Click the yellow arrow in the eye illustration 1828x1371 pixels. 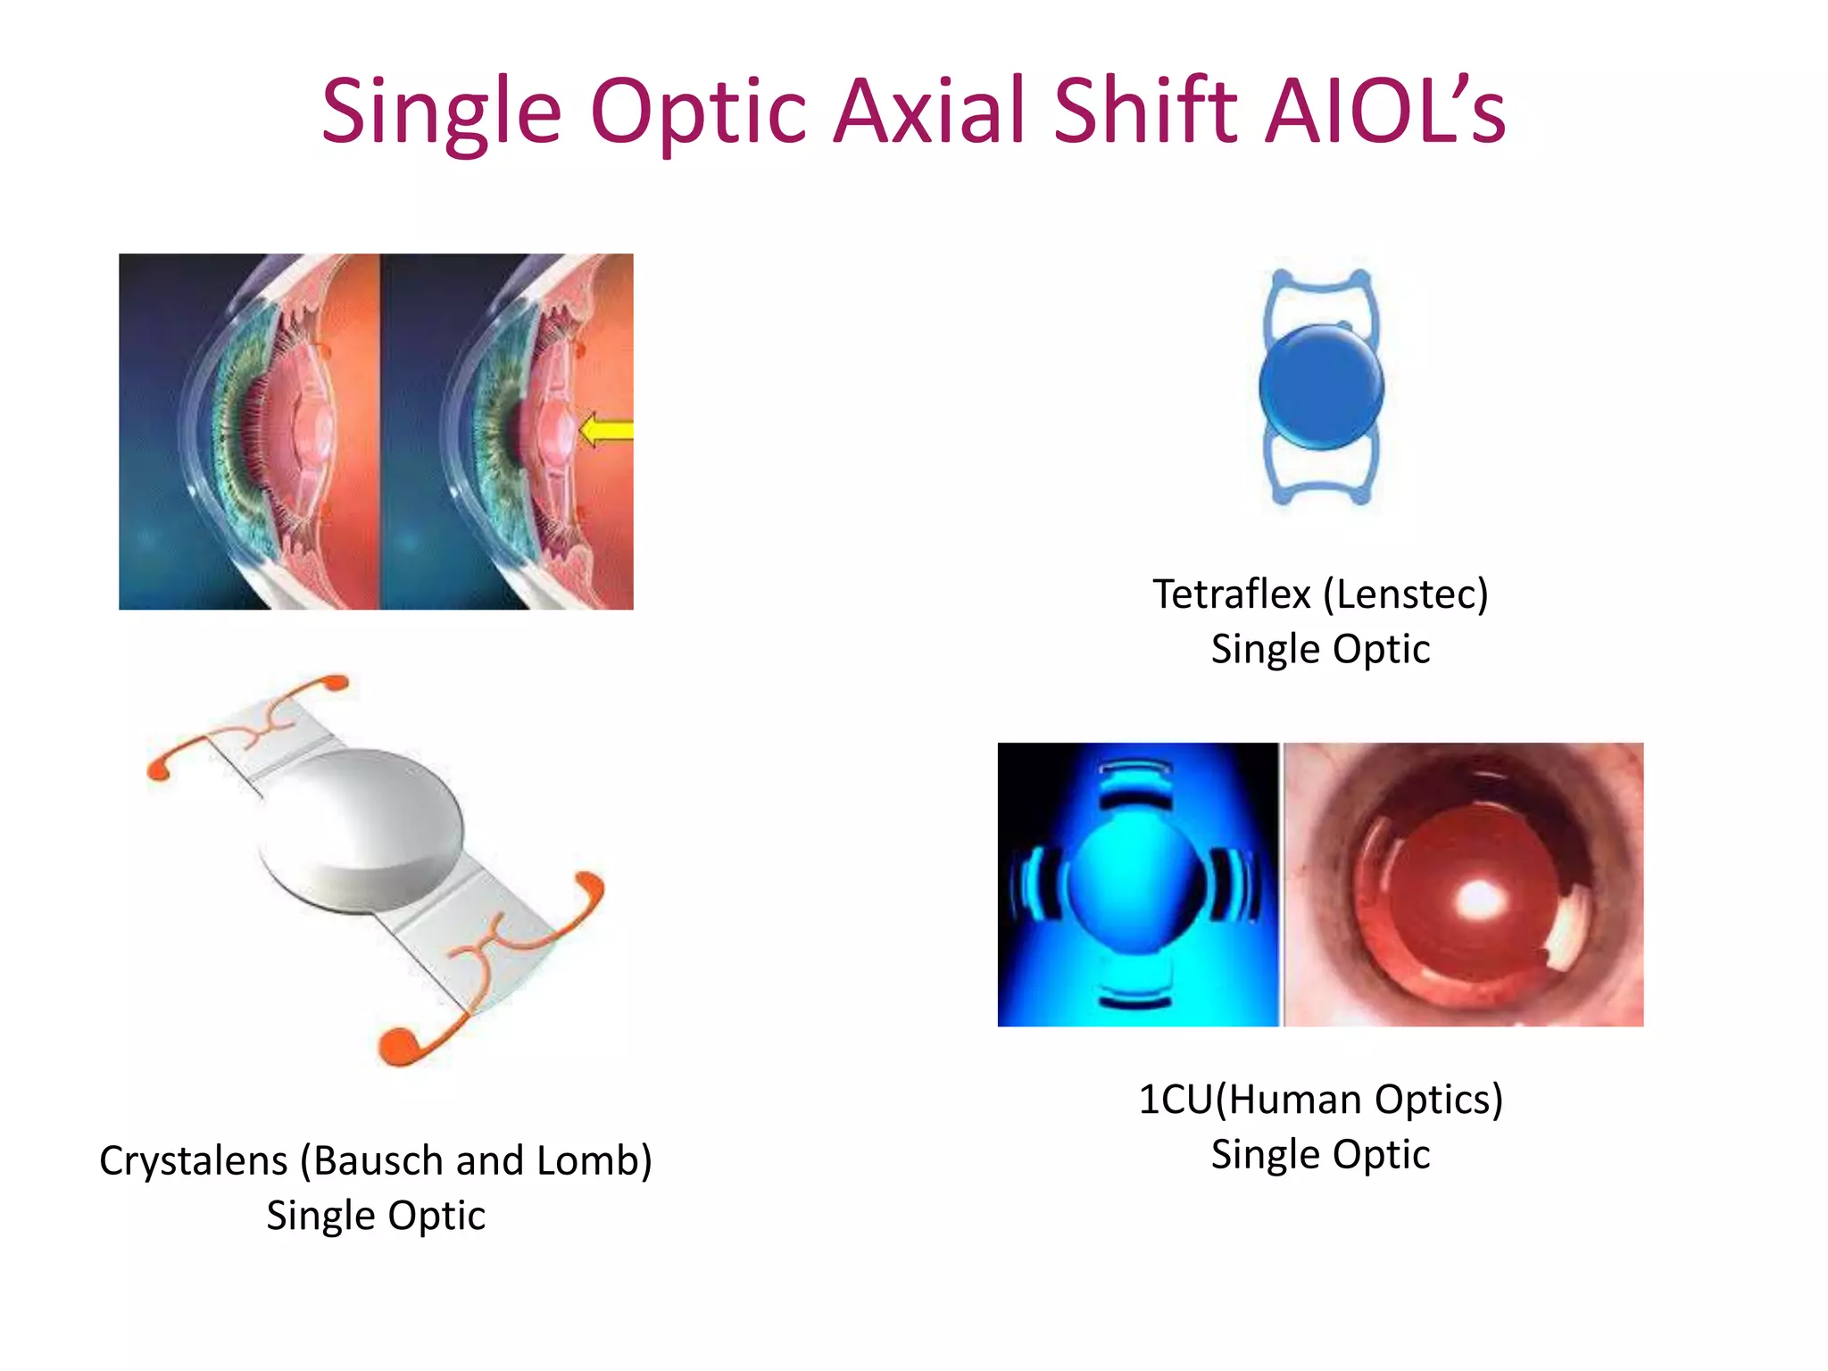tap(606, 431)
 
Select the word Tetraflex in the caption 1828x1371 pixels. tap(1231, 594)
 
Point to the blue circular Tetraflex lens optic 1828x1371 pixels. tap(1321, 386)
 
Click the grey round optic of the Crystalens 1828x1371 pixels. tap(361, 826)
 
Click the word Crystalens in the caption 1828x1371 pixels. tap(194, 1161)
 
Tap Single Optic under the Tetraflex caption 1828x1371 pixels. tap(1320, 649)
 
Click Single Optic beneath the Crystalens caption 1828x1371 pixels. tap(376, 1216)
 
